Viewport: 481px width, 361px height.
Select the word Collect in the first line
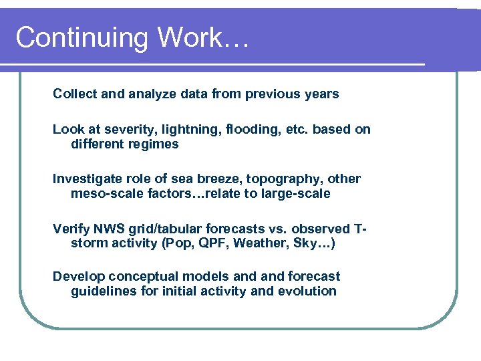tap(75, 94)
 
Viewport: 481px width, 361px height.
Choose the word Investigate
tap(85, 179)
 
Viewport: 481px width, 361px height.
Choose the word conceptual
tap(142, 277)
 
